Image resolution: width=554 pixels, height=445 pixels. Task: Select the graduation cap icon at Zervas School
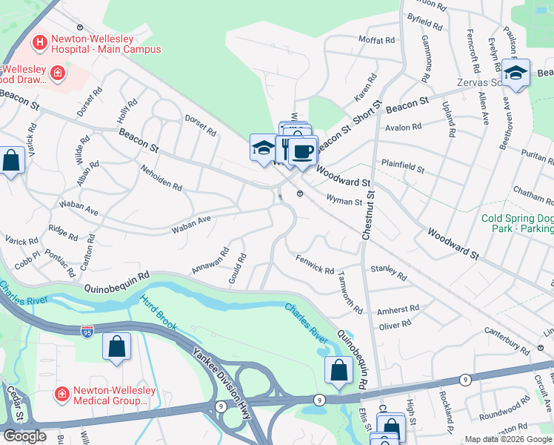click(515, 73)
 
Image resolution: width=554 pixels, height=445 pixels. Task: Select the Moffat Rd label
click(376, 39)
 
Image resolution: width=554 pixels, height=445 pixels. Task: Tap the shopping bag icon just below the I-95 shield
click(117, 346)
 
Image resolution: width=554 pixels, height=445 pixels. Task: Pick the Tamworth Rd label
click(347, 284)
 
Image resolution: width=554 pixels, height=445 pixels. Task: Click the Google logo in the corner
click(24, 436)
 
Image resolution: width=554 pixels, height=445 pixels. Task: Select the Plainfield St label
click(402, 165)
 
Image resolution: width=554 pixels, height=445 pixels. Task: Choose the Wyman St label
click(345, 200)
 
